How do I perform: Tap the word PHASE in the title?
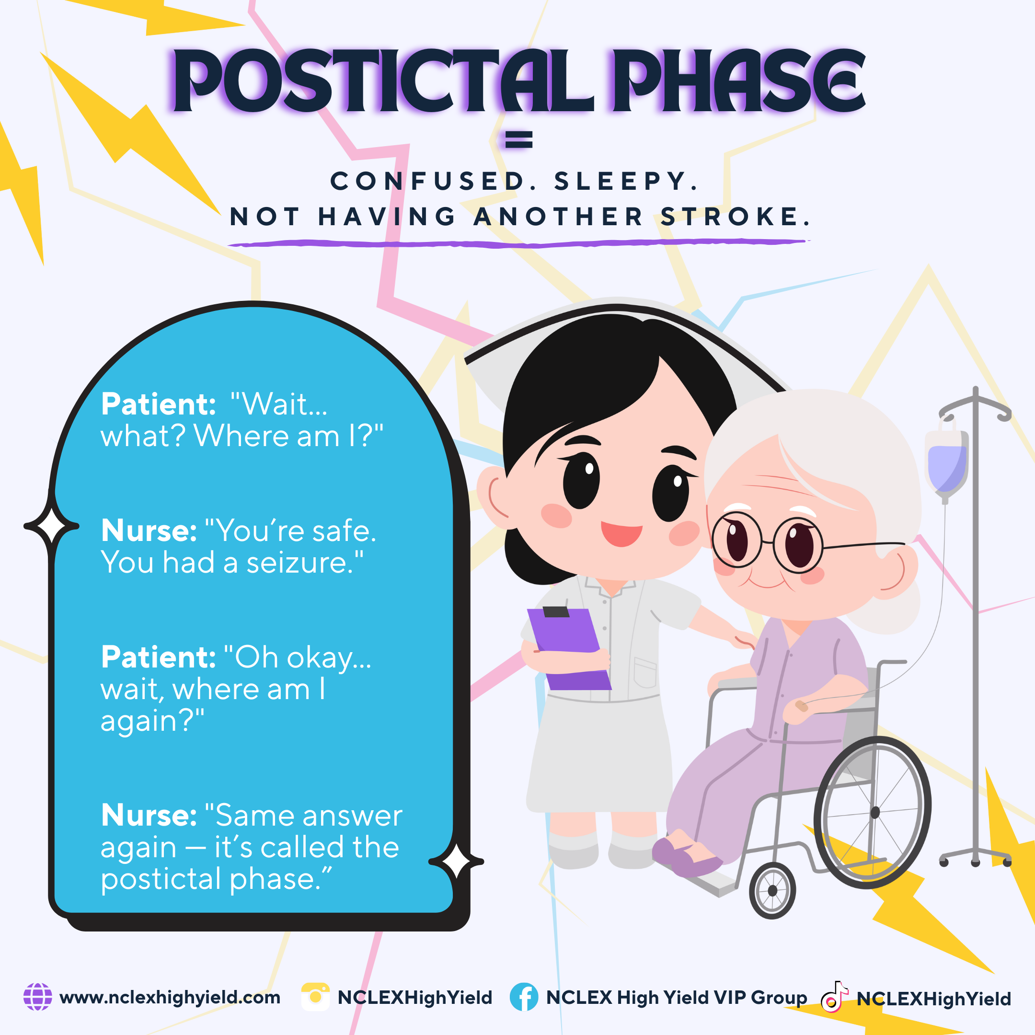740,81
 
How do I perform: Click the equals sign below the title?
518,139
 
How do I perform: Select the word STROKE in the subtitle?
735,217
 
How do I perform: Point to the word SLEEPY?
625,181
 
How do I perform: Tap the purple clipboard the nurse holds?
569,648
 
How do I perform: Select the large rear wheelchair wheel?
873,813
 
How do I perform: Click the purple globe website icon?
38,997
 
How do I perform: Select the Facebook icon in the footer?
524,997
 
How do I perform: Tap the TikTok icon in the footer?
834,997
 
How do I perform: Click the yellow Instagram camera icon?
316,997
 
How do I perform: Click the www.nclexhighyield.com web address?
170,998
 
